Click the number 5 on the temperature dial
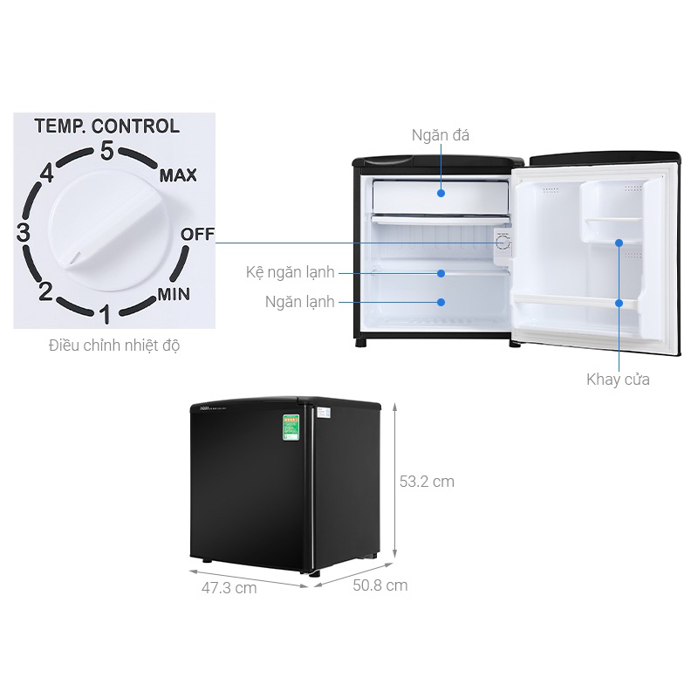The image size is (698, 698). point(107,151)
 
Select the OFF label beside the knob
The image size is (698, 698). point(196,235)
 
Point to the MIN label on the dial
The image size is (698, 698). point(174,293)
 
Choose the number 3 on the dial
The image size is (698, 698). point(24,234)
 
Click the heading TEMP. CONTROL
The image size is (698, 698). point(106,126)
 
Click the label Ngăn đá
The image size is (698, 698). point(441,135)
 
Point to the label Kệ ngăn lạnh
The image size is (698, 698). point(290,273)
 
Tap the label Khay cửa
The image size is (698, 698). point(618,380)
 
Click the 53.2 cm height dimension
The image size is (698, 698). point(427,481)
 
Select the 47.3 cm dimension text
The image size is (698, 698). point(229,587)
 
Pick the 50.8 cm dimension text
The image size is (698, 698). point(379,585)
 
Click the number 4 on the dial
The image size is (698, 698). point(47,174)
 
